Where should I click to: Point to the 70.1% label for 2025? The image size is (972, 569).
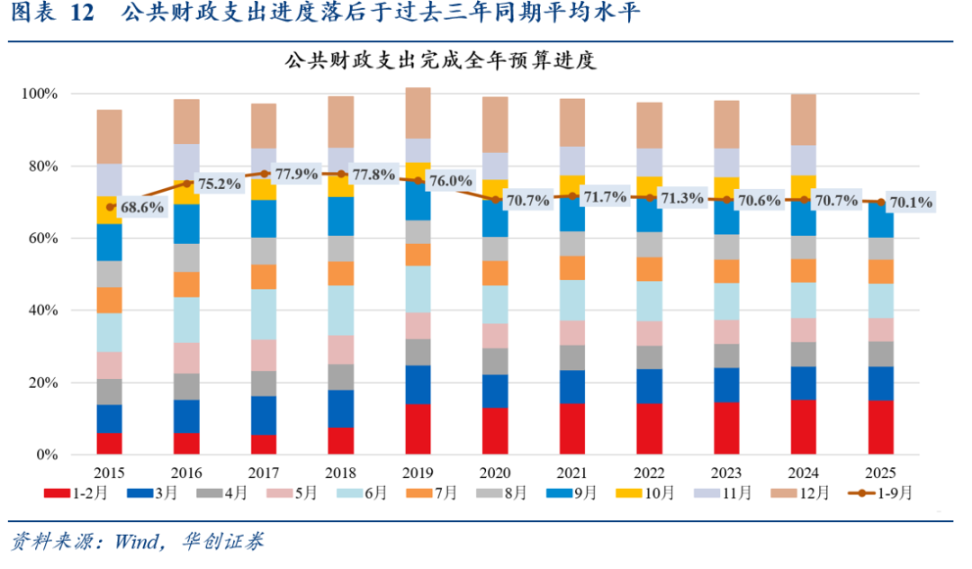tap(911, 203)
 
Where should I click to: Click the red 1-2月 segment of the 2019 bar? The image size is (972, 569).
tap(418, 429)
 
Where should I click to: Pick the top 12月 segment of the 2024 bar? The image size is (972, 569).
tap(804, 120)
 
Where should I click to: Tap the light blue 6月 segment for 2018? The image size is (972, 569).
tap(341, 311)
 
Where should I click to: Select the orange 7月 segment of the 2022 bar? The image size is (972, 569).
tap(650, 268)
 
